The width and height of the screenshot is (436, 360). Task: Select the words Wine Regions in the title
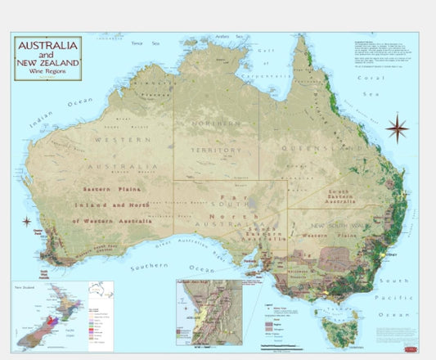click(x=47, y=72)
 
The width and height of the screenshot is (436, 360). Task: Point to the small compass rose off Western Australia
click(x=26, y=221)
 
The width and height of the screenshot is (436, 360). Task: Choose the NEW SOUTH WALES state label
click(x=338, y=225)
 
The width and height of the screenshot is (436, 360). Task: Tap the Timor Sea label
click(x=149, y=43)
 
